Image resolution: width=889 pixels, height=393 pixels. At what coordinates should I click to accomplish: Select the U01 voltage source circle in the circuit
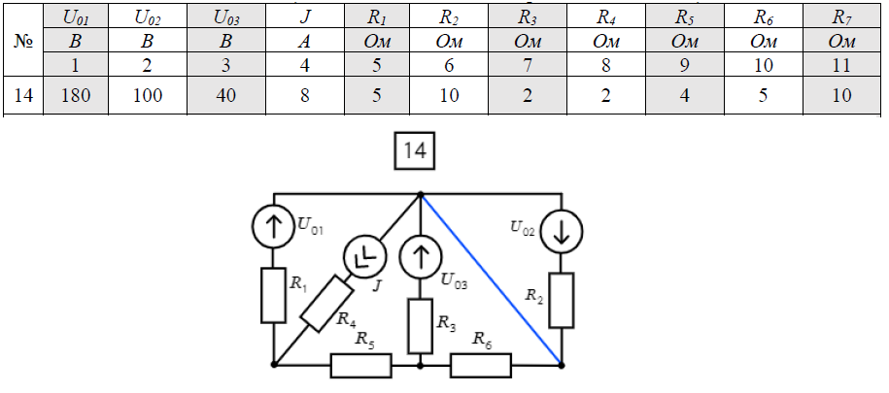274,229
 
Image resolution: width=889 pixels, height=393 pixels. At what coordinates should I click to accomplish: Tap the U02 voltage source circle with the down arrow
561,231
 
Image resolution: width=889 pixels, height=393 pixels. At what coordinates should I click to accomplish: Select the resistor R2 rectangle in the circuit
561,300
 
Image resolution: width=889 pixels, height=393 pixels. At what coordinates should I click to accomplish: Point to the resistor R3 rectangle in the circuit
420,326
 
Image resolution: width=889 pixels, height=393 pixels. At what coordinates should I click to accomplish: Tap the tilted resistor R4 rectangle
325,304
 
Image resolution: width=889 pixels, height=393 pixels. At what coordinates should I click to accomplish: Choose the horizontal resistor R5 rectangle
361,366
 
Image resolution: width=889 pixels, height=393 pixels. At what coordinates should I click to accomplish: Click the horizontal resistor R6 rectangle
480,366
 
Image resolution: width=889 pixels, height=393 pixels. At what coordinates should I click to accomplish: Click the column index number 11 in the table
841,66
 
